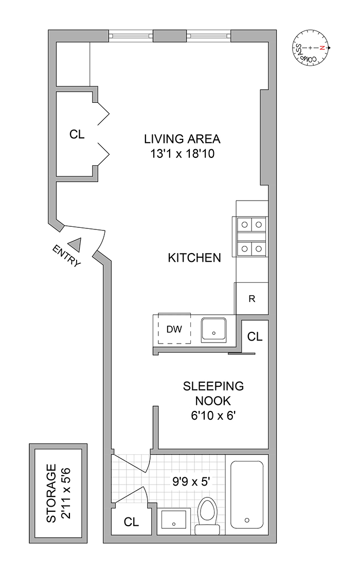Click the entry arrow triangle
click(x=76, y=244)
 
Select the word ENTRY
click(x=66, y=256)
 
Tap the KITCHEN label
click(x=194, y=258)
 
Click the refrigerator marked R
click(x=251, y=298)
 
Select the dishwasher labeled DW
click(x=174, y=329)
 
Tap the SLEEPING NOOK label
click(x=214, y=393)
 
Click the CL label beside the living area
click(x=77, y=135)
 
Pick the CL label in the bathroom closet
click(x=132, y=522)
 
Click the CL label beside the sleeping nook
click(x=255, y=337)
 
